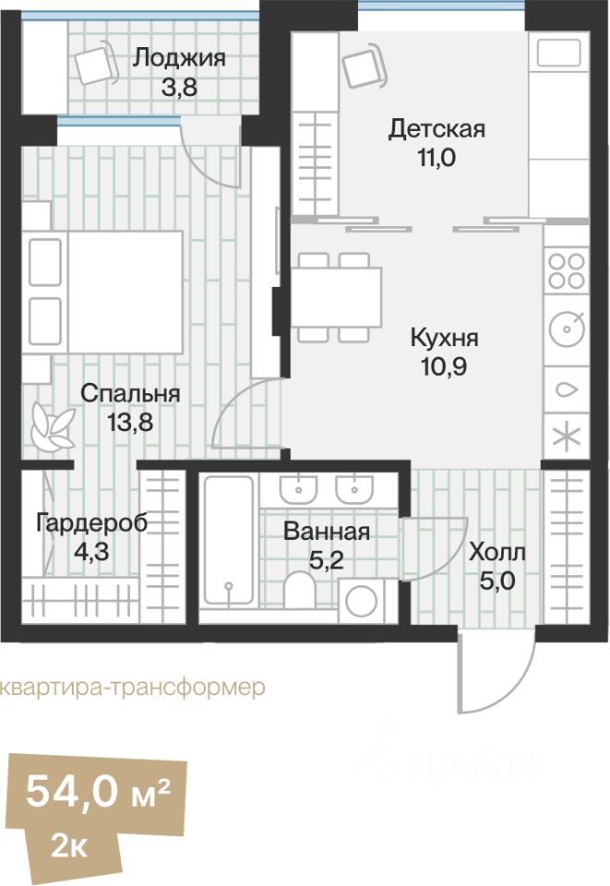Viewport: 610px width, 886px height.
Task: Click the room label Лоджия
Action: pyautogui.click(x=179, y=58)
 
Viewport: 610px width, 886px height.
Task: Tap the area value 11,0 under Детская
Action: pyautogui.click(x=437, y=156)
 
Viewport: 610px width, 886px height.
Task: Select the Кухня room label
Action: pyautogui.click(x=445, y=338)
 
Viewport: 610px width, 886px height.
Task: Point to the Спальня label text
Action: pyautogui.click(x=130, y=394)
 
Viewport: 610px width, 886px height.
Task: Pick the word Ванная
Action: pyautogui.click(x=327, y=532)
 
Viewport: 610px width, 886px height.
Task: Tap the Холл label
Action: pyautogui.click(x=497, y=553)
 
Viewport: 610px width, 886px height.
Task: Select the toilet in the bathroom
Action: pyautogui.click(x=300, y=591)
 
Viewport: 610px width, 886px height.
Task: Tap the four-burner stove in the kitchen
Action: pyautogui.click(x=566, y=270)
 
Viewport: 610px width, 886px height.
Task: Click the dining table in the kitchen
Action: pyautogui.click(x=338, y=297)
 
